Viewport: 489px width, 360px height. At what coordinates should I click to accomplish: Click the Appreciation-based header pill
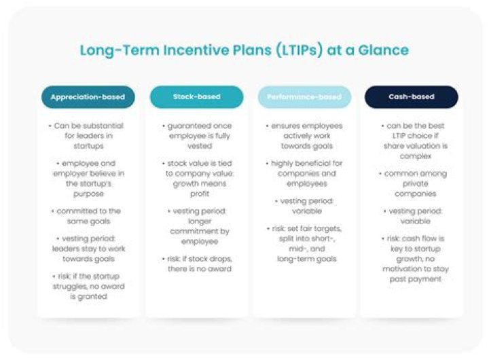click(x=88, y=97)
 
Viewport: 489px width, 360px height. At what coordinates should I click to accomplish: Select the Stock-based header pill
click(x=196, y=97)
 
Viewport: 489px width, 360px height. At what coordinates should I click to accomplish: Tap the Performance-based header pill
click(x=304, y=97)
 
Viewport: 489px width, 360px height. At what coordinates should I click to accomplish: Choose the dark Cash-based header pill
click(x=411, y=97)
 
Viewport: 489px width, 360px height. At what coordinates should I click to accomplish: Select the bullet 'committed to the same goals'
click(x=88, y=217)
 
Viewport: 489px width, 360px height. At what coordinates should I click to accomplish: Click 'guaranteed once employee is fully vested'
click(x=196, y=136)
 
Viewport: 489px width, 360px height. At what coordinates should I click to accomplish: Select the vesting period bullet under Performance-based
click(x=304, y=206)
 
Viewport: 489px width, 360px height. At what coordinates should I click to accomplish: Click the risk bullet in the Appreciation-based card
click(x=88, y=287)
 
